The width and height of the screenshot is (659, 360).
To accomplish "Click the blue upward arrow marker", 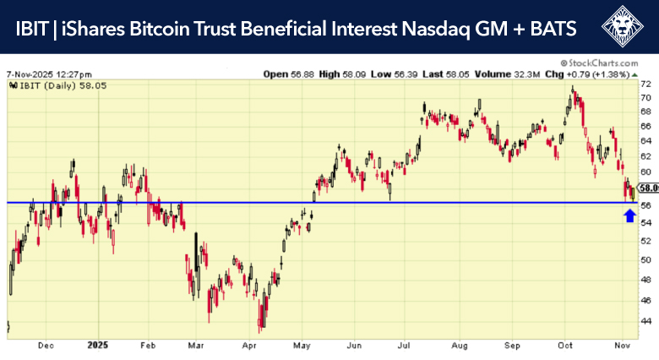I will pos(629,215).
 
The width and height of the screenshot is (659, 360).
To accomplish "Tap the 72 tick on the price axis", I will pos(646,84).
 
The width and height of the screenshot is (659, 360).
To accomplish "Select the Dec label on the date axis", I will pos(46,346).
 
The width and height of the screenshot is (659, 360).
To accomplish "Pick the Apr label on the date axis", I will pos(248,346).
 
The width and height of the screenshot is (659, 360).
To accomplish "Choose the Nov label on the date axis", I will pos(621,346).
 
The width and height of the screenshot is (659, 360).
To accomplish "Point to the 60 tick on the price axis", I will pos(646,173).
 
